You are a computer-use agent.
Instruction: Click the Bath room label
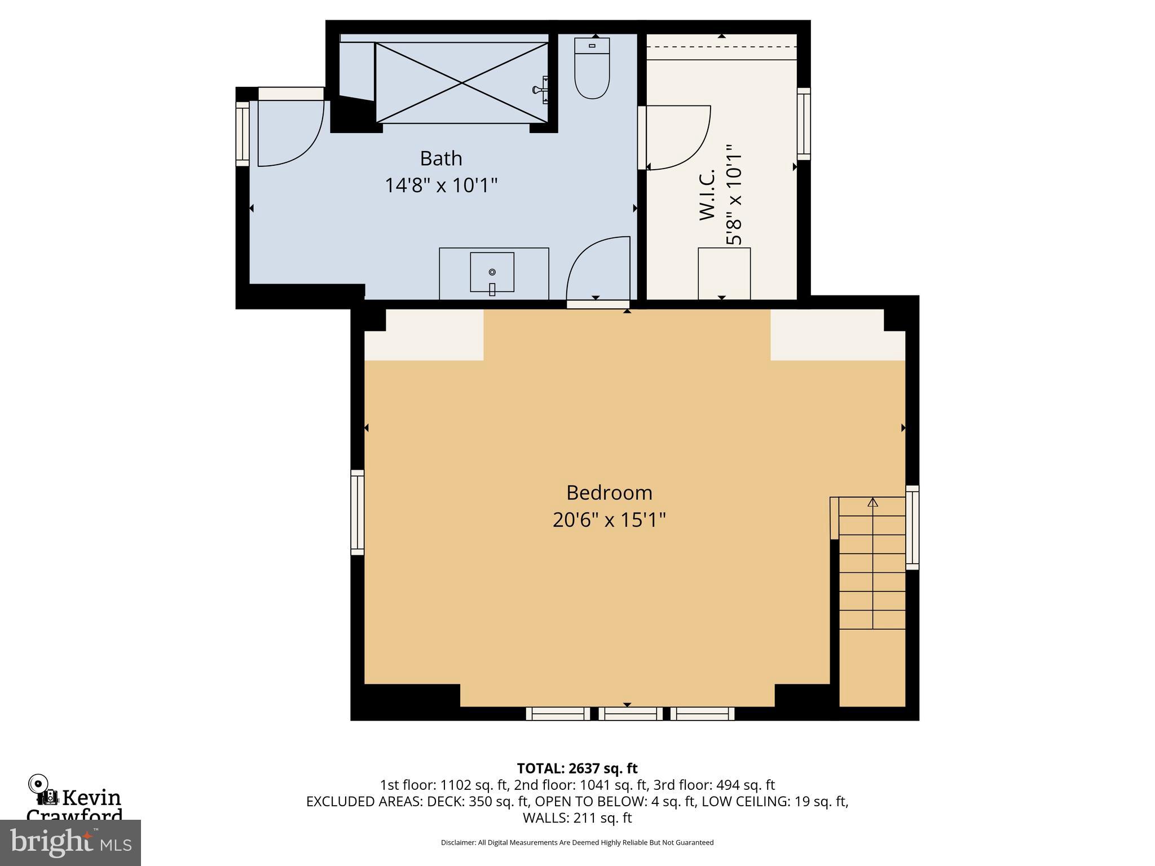click(x=441, y=158)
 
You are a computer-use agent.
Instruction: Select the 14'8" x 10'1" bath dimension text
click(x=441, y=185)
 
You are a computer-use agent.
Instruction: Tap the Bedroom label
click(x=609, y=493)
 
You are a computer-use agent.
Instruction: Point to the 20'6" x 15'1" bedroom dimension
click(x=609, y=519)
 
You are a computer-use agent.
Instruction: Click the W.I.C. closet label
click(x=707, y=195)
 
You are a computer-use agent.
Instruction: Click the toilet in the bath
click(x=592, y=69)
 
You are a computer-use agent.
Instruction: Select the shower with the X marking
click(x=461, y=82)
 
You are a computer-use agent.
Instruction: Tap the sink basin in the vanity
click(x=492, y=272)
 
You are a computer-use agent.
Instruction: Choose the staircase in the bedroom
click(x=872, y=564)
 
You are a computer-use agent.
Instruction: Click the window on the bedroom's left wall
click(x=358, y=512)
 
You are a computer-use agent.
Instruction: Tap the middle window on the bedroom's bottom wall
click(x=631, y=714)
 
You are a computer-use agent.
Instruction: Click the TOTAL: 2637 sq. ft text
click(x=577, y=768)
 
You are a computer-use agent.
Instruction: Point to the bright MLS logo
click(x=70, y=842)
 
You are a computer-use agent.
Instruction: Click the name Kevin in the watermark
click(x=91, y=798)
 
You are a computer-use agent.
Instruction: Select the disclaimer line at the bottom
click(x=577, y=842)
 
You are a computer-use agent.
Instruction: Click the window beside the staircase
click(x=912, y=528)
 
